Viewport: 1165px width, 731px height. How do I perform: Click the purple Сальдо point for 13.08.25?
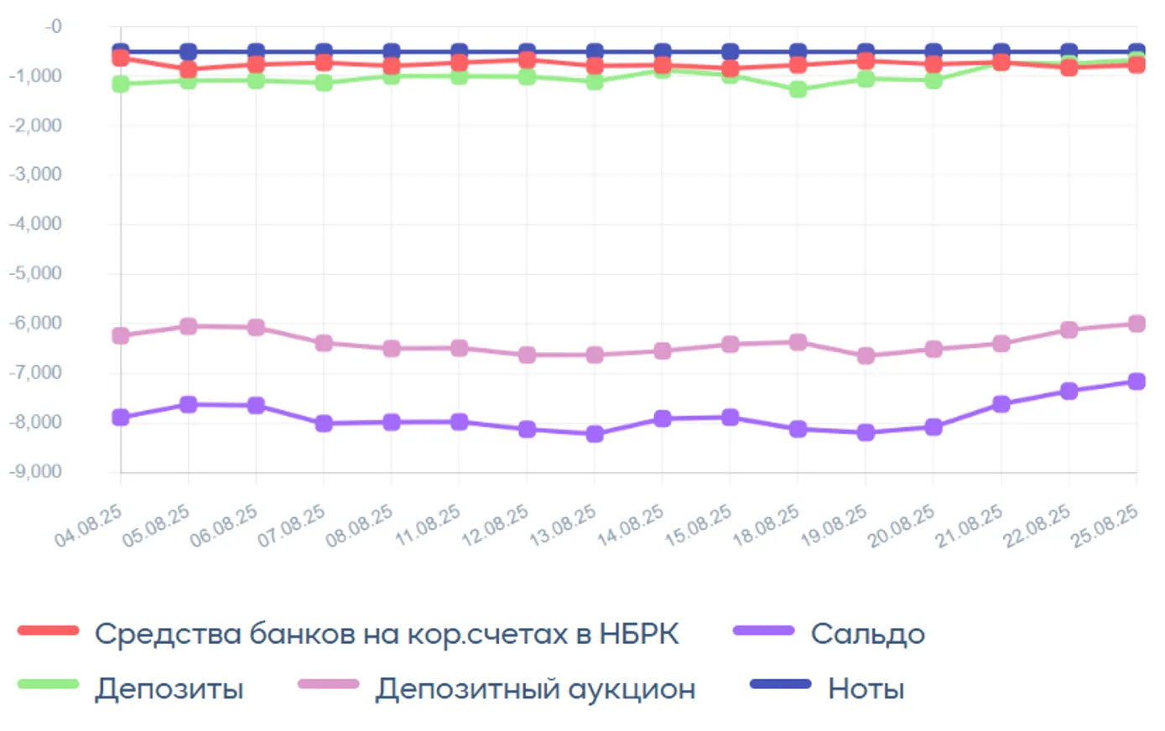(595, 433)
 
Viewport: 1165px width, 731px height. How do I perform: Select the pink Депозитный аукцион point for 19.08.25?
(866, 355)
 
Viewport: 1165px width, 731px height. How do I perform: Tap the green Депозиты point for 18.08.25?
(798, 89)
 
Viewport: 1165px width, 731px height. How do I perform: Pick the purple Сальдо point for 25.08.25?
(1136, 381)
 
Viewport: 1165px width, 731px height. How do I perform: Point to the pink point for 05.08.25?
(189, 326)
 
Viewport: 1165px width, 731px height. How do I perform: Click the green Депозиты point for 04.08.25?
(121, 84)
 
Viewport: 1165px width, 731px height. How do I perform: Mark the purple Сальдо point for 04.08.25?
(121, 417)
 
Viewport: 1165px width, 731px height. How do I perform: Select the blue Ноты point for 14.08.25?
(663, 52)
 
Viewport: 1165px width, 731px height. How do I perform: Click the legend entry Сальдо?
(867, 634)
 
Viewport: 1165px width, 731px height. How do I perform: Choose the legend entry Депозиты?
(169, 688)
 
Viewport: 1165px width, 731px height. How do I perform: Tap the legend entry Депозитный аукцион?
(535, 688)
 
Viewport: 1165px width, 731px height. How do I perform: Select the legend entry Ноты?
(866, 688)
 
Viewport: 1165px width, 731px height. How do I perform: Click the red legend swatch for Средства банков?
(49, 630)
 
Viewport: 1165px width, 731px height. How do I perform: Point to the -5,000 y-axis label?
(36, 273)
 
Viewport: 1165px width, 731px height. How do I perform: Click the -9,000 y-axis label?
(36, 471)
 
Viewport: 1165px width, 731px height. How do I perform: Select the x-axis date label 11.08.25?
(429, 525)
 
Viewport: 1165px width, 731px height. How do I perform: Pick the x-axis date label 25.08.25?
(1105, 525)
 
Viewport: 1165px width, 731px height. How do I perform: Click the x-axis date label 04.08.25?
(89, 525)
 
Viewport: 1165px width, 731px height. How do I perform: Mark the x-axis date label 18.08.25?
(767, 525)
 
